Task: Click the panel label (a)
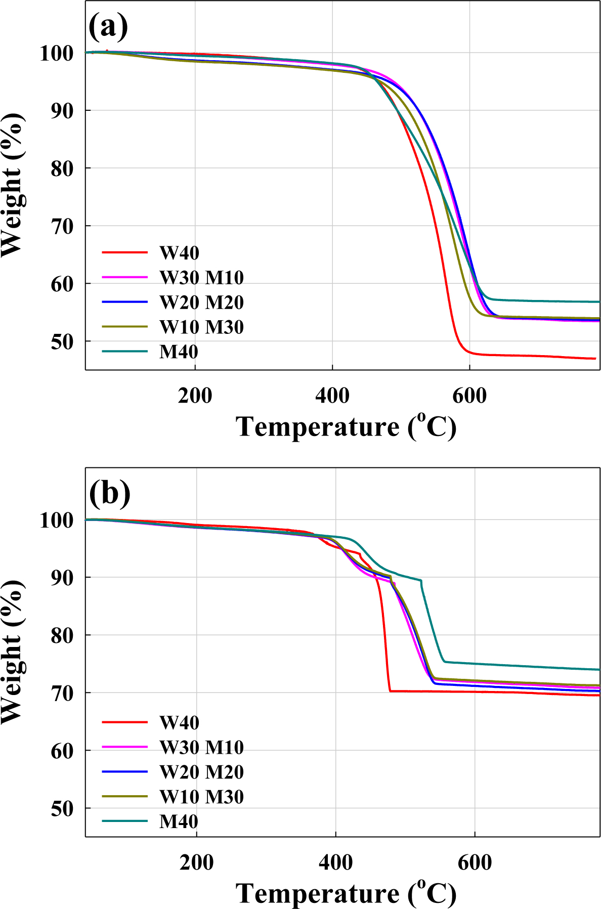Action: pyautogui.click(x=108, y=26)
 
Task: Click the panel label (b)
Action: pyautogui.click(x=109, y=493)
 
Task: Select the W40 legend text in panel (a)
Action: pyautogui.click(x=179, y=252)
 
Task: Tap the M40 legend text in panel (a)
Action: pyautogui.click(x=179, y=352)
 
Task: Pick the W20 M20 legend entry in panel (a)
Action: pyautogui.click(x=201, y=302)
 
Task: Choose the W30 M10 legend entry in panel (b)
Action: pyautogui.click(x=201, y=747)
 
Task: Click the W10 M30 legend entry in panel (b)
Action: pyautogui.click(x=201, y=797)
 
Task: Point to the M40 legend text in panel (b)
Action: pyautogui.click(x=179, y=821)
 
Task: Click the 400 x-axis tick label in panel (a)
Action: pyautogui.click(x=332, y=396)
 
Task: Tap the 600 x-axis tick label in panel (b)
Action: pyautogui.click(x=475, y=862)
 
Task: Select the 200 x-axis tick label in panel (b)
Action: pyautogui.click(x=196, y=862)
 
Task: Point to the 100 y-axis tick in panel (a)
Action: pyautogui.click(x=57, y=53)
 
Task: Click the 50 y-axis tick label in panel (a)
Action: pyautogui.click(x=63, y=342)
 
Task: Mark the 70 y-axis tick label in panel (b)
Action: pyautogui.click(x=63, y=693)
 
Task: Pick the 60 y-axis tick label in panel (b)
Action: pyautogui.click(x=63, y=751)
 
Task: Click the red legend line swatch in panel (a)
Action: pyautogui.click(x=124, y=252)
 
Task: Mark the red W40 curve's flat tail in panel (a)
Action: pyautogui.click(x=531, y=356)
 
